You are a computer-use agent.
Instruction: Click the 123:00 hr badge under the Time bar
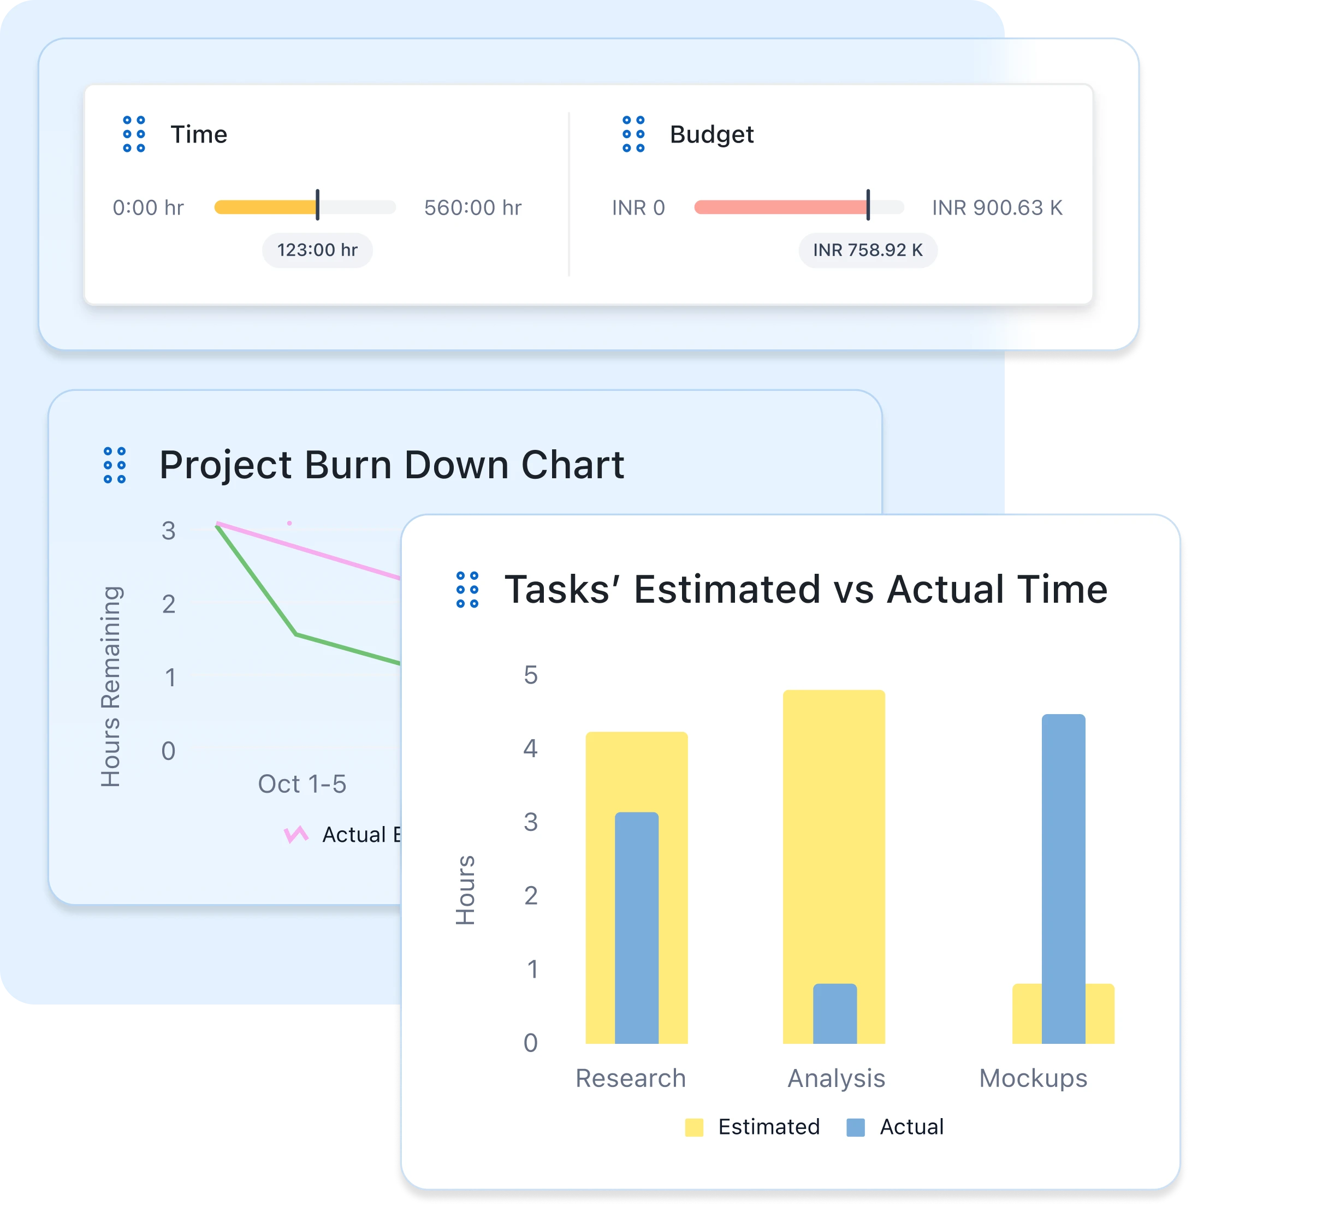click(317, 250)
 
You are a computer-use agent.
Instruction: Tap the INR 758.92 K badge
click(868, 250)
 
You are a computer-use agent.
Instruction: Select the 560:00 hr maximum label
click(472, 208)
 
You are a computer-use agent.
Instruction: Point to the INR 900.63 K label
click(997, 208)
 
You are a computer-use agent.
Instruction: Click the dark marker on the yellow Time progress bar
click(317, 205)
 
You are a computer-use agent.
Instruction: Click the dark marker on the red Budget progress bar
click(868, 205)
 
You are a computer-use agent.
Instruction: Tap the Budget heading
click(711, 134)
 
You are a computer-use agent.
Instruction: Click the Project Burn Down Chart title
click(392, 465)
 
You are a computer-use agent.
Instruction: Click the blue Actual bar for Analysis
click(834, 1013)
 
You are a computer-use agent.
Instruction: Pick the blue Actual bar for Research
click(636, 928)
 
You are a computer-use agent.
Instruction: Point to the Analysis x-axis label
click(835, 1078)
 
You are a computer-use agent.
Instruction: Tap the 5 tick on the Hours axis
click(530, 675)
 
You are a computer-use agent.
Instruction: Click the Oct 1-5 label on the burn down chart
click(301, 784)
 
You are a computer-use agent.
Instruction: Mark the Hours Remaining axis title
click(111, 686)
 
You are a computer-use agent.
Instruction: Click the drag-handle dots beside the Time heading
click(134, 134)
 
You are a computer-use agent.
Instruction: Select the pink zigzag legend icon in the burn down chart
click(295, 834)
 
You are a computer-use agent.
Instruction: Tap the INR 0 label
click(638, 208)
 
